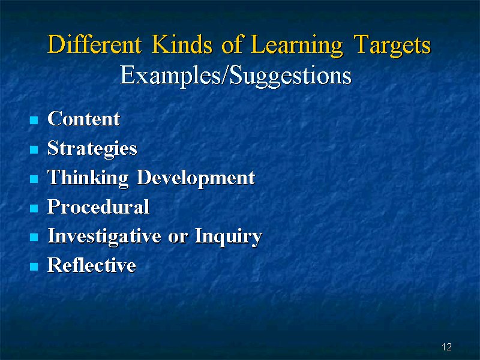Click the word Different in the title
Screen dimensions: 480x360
pos(95,44)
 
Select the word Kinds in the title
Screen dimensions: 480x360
pos(182,44)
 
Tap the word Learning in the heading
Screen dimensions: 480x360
pos(296,46)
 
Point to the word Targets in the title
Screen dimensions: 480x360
pos(392,46)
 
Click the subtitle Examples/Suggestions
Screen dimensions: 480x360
pos(236,76)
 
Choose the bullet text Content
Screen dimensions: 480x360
pos(83,118)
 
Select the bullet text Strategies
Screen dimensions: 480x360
pos(92,149)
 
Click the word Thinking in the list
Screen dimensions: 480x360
pos(88,178)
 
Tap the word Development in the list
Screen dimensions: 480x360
pos(196,178)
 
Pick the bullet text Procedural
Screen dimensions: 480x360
pos(98,206)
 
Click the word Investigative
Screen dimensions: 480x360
pos(104,236)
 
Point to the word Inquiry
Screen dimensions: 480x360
pos(229,236)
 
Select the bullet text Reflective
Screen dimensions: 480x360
pos(92,265)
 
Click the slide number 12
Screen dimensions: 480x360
pos(446,347)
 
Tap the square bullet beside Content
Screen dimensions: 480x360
pos(34,119)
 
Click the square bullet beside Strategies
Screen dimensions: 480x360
pos(34,149)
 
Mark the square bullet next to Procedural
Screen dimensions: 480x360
pos(34,208)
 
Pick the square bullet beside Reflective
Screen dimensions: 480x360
pos(34,266)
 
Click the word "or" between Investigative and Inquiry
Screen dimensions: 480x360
pos(178,238)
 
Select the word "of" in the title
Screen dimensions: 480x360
pos(232,44)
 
